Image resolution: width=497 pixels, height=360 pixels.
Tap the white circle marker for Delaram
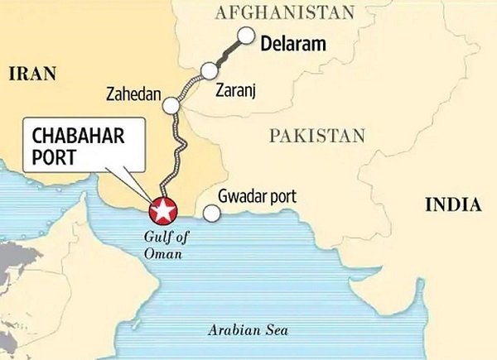coord(247,36)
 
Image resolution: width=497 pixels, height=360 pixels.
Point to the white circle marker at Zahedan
coord(171,106)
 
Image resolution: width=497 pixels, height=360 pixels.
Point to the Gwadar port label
coord(257,198)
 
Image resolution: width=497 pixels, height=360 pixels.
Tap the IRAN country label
coord(31,74)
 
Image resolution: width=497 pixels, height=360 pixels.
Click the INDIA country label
coord(452,204)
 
